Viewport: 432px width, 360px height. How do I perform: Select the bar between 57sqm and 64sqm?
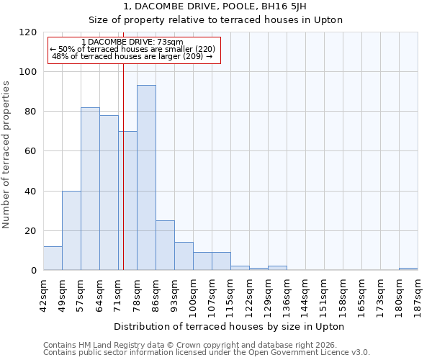tap(90, 189)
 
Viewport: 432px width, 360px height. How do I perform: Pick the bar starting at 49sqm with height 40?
tap(71, 230)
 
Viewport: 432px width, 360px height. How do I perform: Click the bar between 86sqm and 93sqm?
tap(165, 246)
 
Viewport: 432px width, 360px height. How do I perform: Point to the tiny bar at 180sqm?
tap(408, 269)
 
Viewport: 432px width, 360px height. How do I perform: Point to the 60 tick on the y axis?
tap(31, 151)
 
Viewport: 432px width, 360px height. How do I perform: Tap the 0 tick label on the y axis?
tap(34, 271)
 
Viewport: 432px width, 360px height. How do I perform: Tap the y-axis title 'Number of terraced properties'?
tap(6, 155)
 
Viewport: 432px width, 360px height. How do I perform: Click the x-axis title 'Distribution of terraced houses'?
tap(230, 327)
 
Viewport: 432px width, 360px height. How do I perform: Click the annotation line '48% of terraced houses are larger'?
tap(132, 56)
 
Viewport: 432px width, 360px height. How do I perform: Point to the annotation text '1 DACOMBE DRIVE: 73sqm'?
tap(132, 42)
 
